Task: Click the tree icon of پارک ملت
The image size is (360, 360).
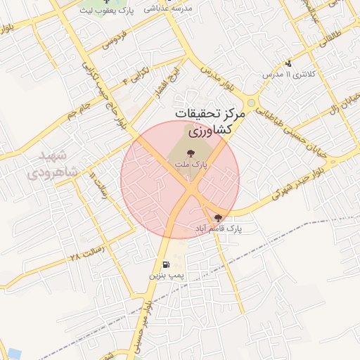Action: coord(192,152)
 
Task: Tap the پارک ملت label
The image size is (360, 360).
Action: coord(191,164)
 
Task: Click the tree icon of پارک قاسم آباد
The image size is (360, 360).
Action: coord(218,218)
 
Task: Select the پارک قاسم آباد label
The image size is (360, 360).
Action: coord(219,229)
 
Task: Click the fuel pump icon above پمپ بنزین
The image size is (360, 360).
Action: coord(165,265)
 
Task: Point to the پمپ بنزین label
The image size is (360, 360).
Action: coord(165,276)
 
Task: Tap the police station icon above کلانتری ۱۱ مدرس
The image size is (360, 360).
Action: coord(288,63)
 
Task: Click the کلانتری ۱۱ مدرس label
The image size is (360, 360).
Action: coord(287,74)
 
